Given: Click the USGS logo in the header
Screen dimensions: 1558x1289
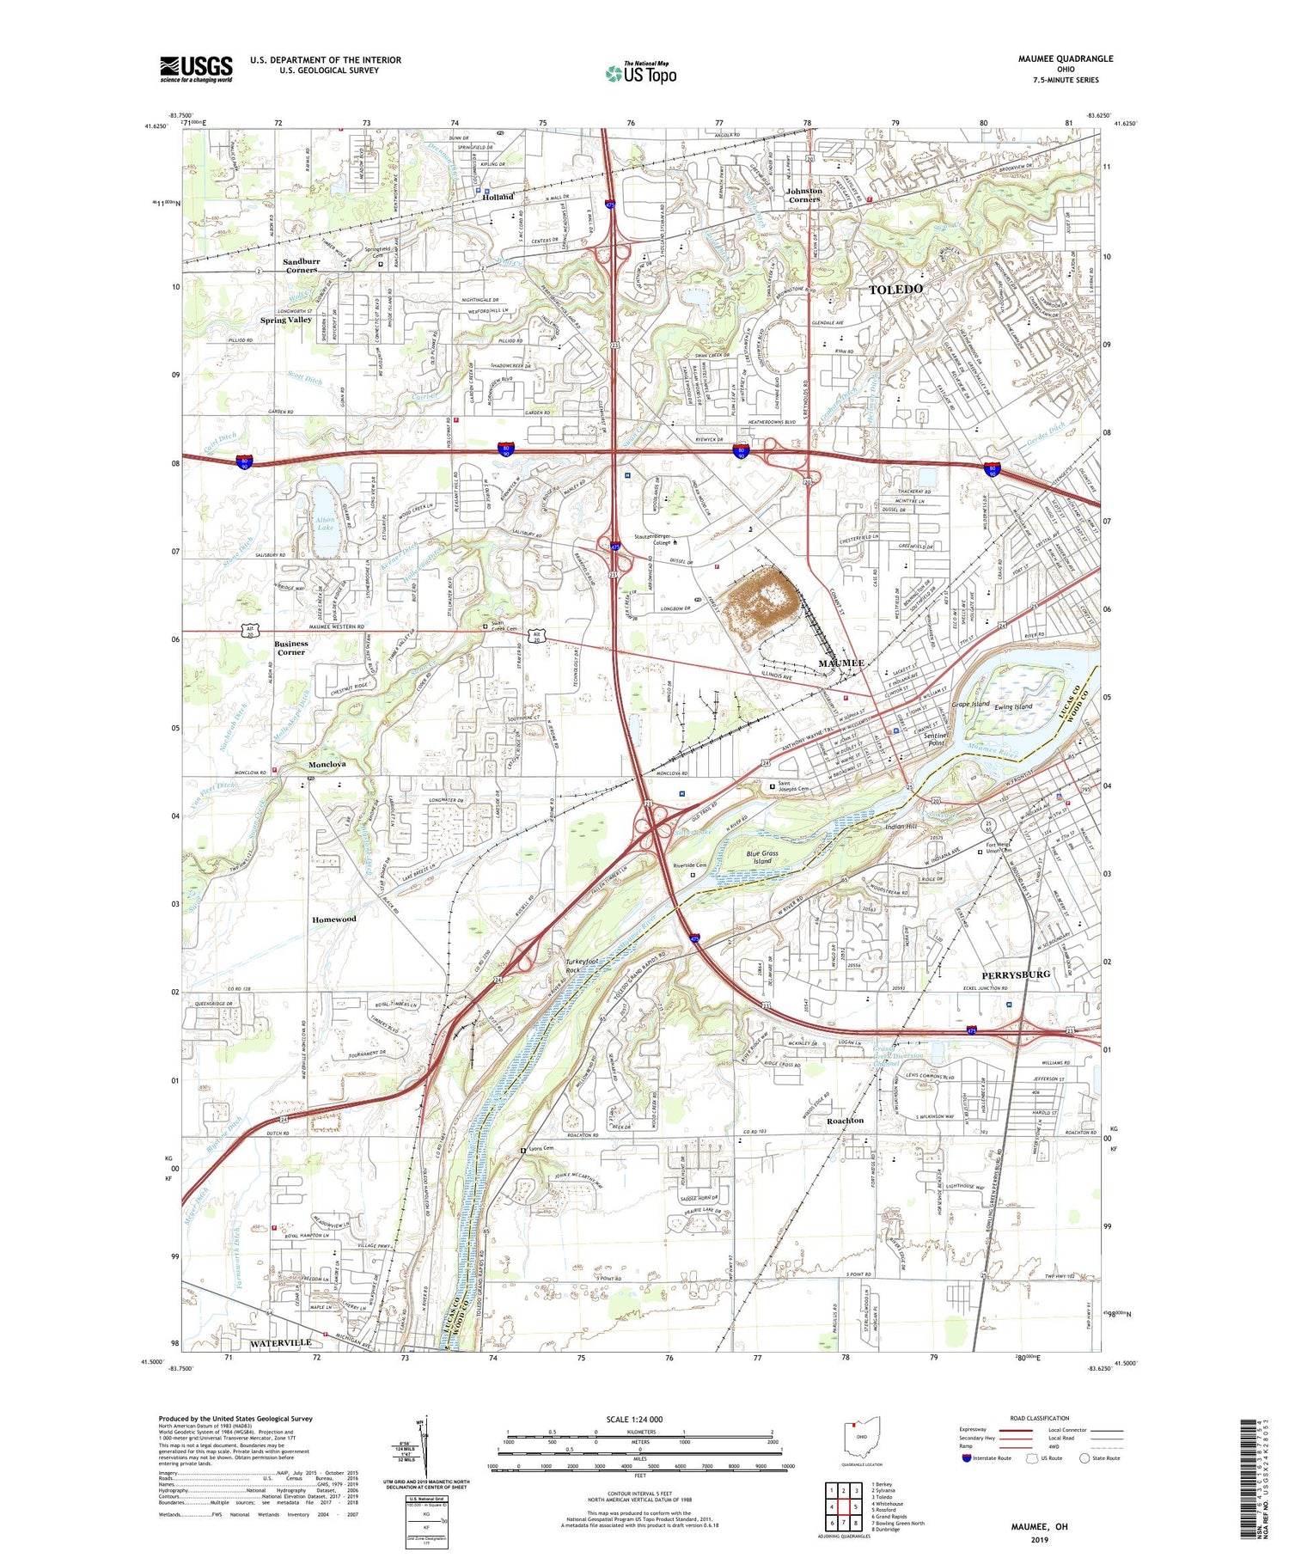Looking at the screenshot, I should point(196,69).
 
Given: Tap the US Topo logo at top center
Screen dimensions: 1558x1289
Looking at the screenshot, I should point(641,73).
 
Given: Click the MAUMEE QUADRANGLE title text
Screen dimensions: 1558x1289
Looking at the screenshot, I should point(1063,58).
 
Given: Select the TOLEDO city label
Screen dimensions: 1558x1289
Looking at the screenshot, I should point(896,290).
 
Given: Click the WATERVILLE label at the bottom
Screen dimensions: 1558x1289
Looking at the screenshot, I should point(280,1342).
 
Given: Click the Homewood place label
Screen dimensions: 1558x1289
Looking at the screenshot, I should point(333,919).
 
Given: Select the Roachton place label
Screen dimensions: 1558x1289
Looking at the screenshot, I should point(845,1121).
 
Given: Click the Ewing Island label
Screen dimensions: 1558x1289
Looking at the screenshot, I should point(1013,706).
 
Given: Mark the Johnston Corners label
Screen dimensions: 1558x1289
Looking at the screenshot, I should point(804,195).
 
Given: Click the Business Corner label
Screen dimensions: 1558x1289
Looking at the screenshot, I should point(291,647).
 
